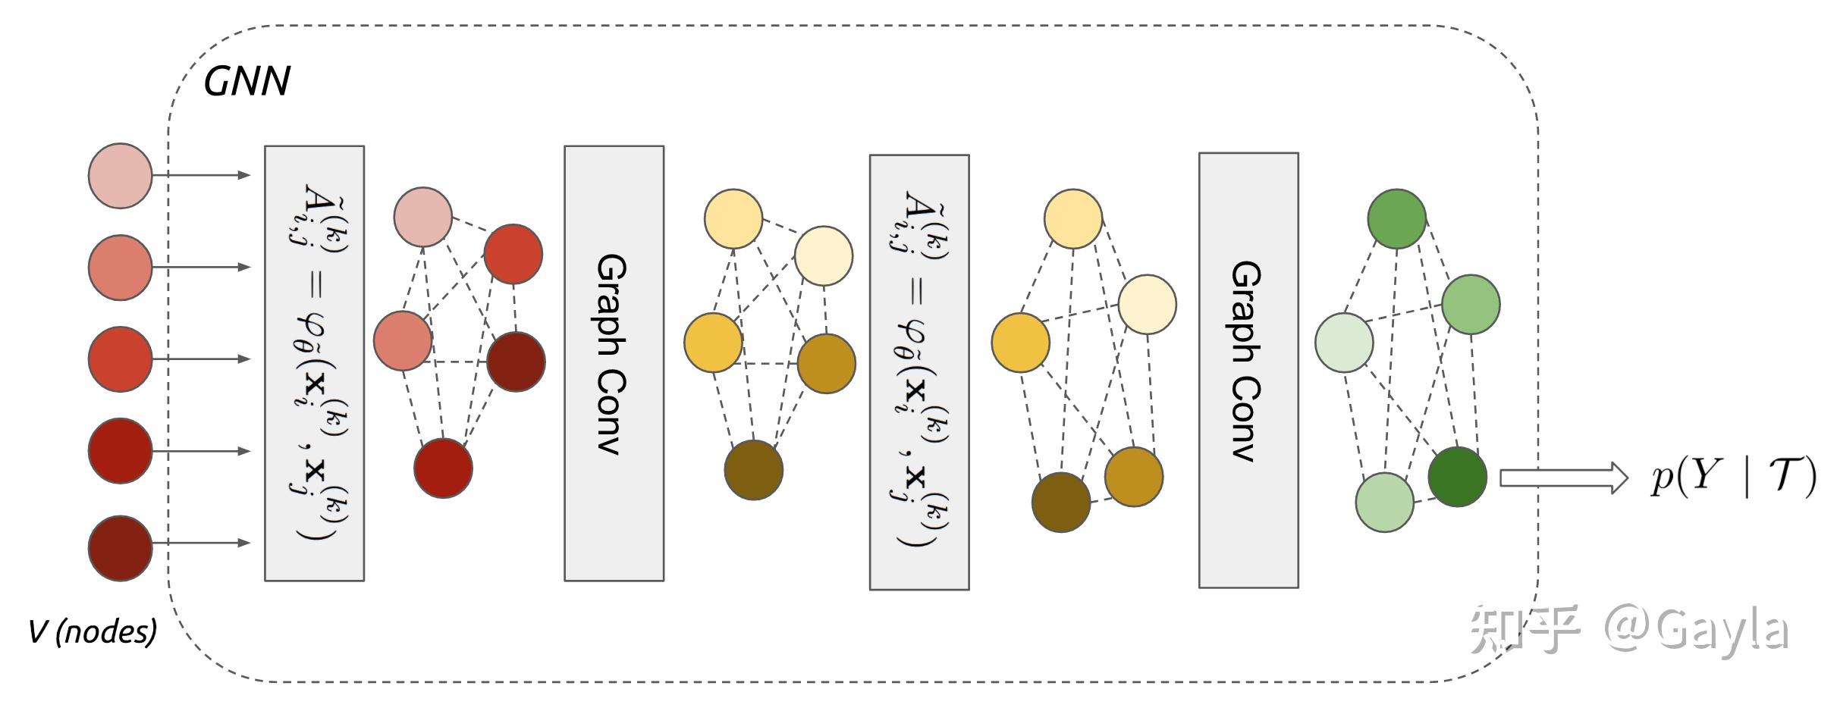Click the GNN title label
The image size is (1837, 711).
pos(247,81)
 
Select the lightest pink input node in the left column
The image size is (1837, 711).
pos(120,175)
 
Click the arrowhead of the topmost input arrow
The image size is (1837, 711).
pos(244,175)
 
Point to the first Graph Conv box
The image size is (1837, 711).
pos(614,363)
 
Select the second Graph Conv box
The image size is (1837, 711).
pos(1248,370)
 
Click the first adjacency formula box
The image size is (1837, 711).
pos(314,363)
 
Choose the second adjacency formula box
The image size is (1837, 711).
pos(918,371)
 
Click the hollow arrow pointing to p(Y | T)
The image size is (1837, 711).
pos(1562,478)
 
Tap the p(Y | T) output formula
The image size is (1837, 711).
pos(1734,478)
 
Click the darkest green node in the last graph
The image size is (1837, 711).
pos(1457,477)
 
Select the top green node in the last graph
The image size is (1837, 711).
pos(1396,219)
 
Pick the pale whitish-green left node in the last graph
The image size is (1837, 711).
pos(1344,343)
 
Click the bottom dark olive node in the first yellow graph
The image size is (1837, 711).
pos(753,470)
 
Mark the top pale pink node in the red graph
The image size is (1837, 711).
pos(423,218)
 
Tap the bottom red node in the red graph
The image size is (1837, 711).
pos(443,468)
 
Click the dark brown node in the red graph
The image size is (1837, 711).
pos(516,362)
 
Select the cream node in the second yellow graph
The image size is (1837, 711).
pos(1147,304)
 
